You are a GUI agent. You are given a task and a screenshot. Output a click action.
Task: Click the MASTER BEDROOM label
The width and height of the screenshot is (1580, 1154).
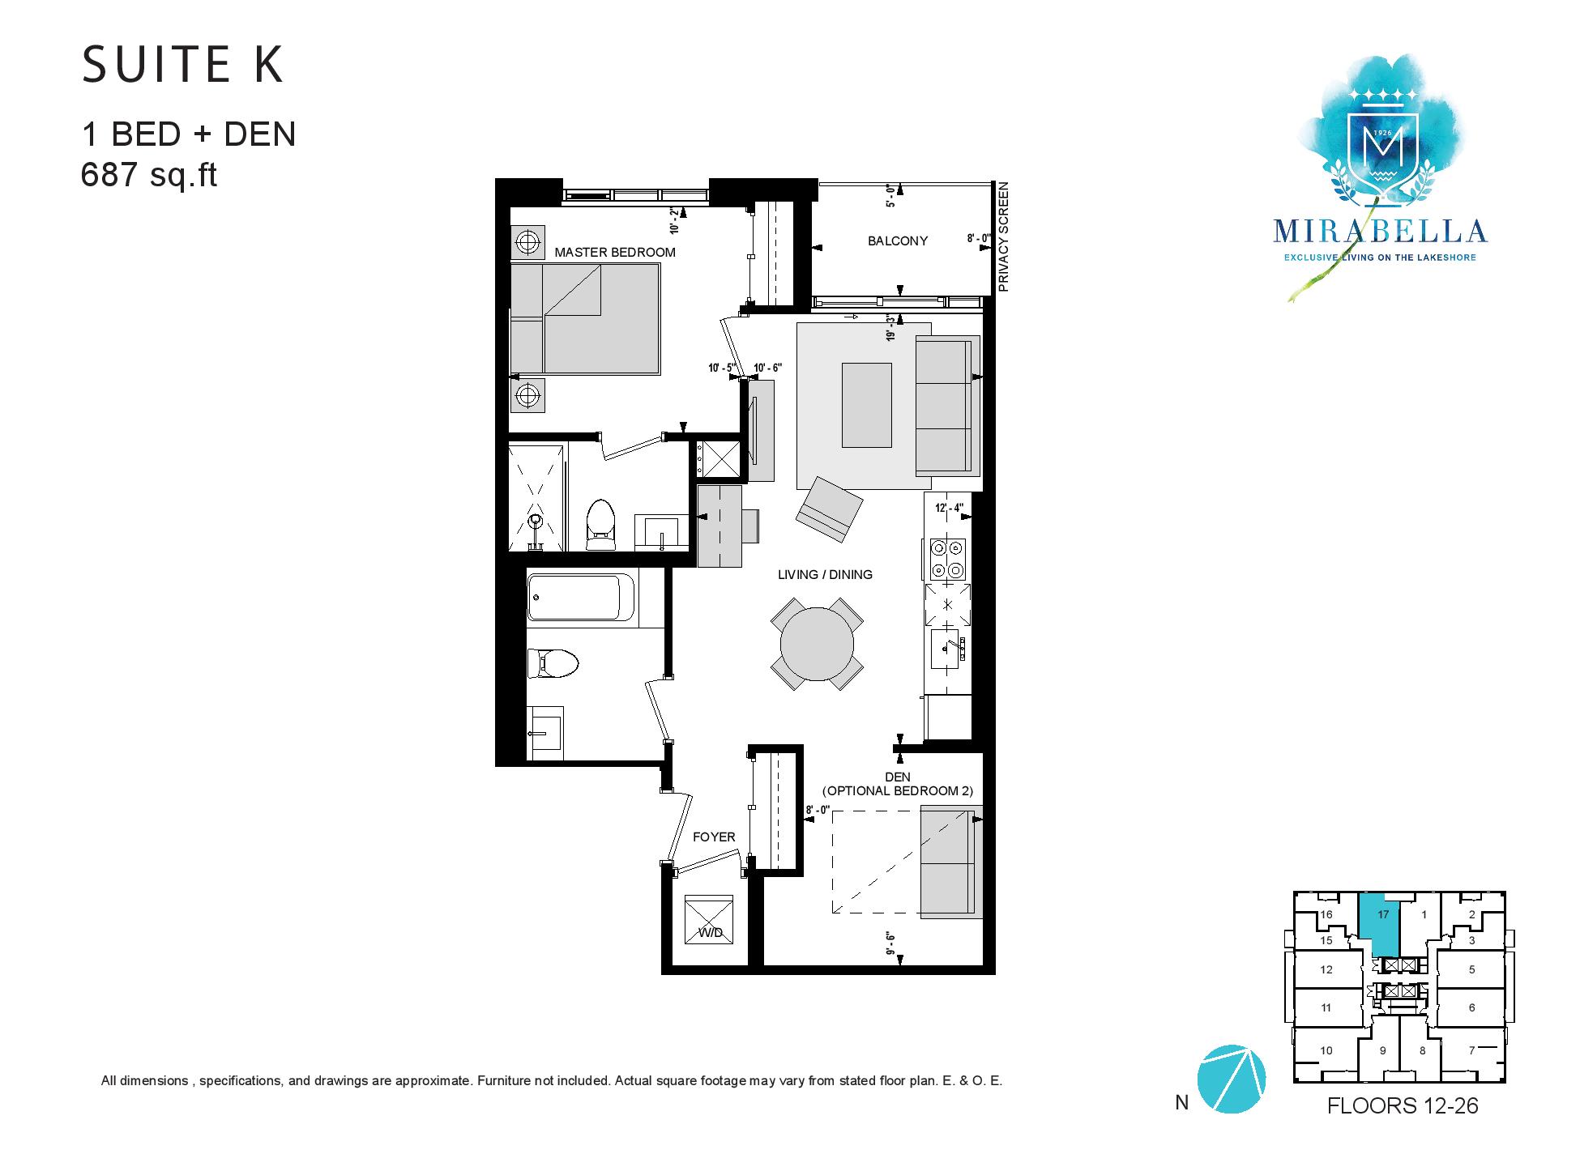(x=615, y=252)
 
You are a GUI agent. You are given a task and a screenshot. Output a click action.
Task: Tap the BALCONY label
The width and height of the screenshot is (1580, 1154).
(x=898, y=241)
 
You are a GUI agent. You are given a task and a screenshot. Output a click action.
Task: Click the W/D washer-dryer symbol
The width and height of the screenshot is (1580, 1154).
(x=709, y=919)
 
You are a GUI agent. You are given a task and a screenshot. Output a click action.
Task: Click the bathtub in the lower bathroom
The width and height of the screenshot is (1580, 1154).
(x=574, y=597)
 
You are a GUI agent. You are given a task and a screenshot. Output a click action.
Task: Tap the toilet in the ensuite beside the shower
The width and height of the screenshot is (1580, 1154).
(x=600, y=524)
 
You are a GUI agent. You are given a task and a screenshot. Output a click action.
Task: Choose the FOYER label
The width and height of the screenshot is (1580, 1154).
(x=714, y=837)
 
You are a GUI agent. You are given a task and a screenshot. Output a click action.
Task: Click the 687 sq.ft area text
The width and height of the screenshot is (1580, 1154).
(x=149, y=175)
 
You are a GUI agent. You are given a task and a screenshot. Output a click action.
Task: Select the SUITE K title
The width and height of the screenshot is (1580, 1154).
(x=183, y=65)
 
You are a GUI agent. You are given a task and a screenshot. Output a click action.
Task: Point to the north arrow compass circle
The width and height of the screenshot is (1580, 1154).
(x=1231, y=1079)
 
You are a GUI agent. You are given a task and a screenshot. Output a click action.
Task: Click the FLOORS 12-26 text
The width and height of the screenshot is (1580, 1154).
(x=1403, y=1106)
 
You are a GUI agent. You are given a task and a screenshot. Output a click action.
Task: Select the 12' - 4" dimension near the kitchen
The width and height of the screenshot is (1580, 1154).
(x=949, y=509)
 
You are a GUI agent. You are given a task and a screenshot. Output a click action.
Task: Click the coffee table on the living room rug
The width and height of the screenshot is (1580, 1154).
(x=867, y=405)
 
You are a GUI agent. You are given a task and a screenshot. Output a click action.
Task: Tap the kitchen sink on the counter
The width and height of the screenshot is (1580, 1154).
(x=947, y=648)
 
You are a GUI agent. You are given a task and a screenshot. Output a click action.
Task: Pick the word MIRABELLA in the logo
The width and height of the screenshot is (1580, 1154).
(x=1380, y=232)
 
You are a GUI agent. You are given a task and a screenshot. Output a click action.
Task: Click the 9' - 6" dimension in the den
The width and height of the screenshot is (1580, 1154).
(x=894, y=943)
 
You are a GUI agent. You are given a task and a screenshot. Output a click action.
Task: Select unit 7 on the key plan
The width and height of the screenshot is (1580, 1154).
(x=1471, y=1051)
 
